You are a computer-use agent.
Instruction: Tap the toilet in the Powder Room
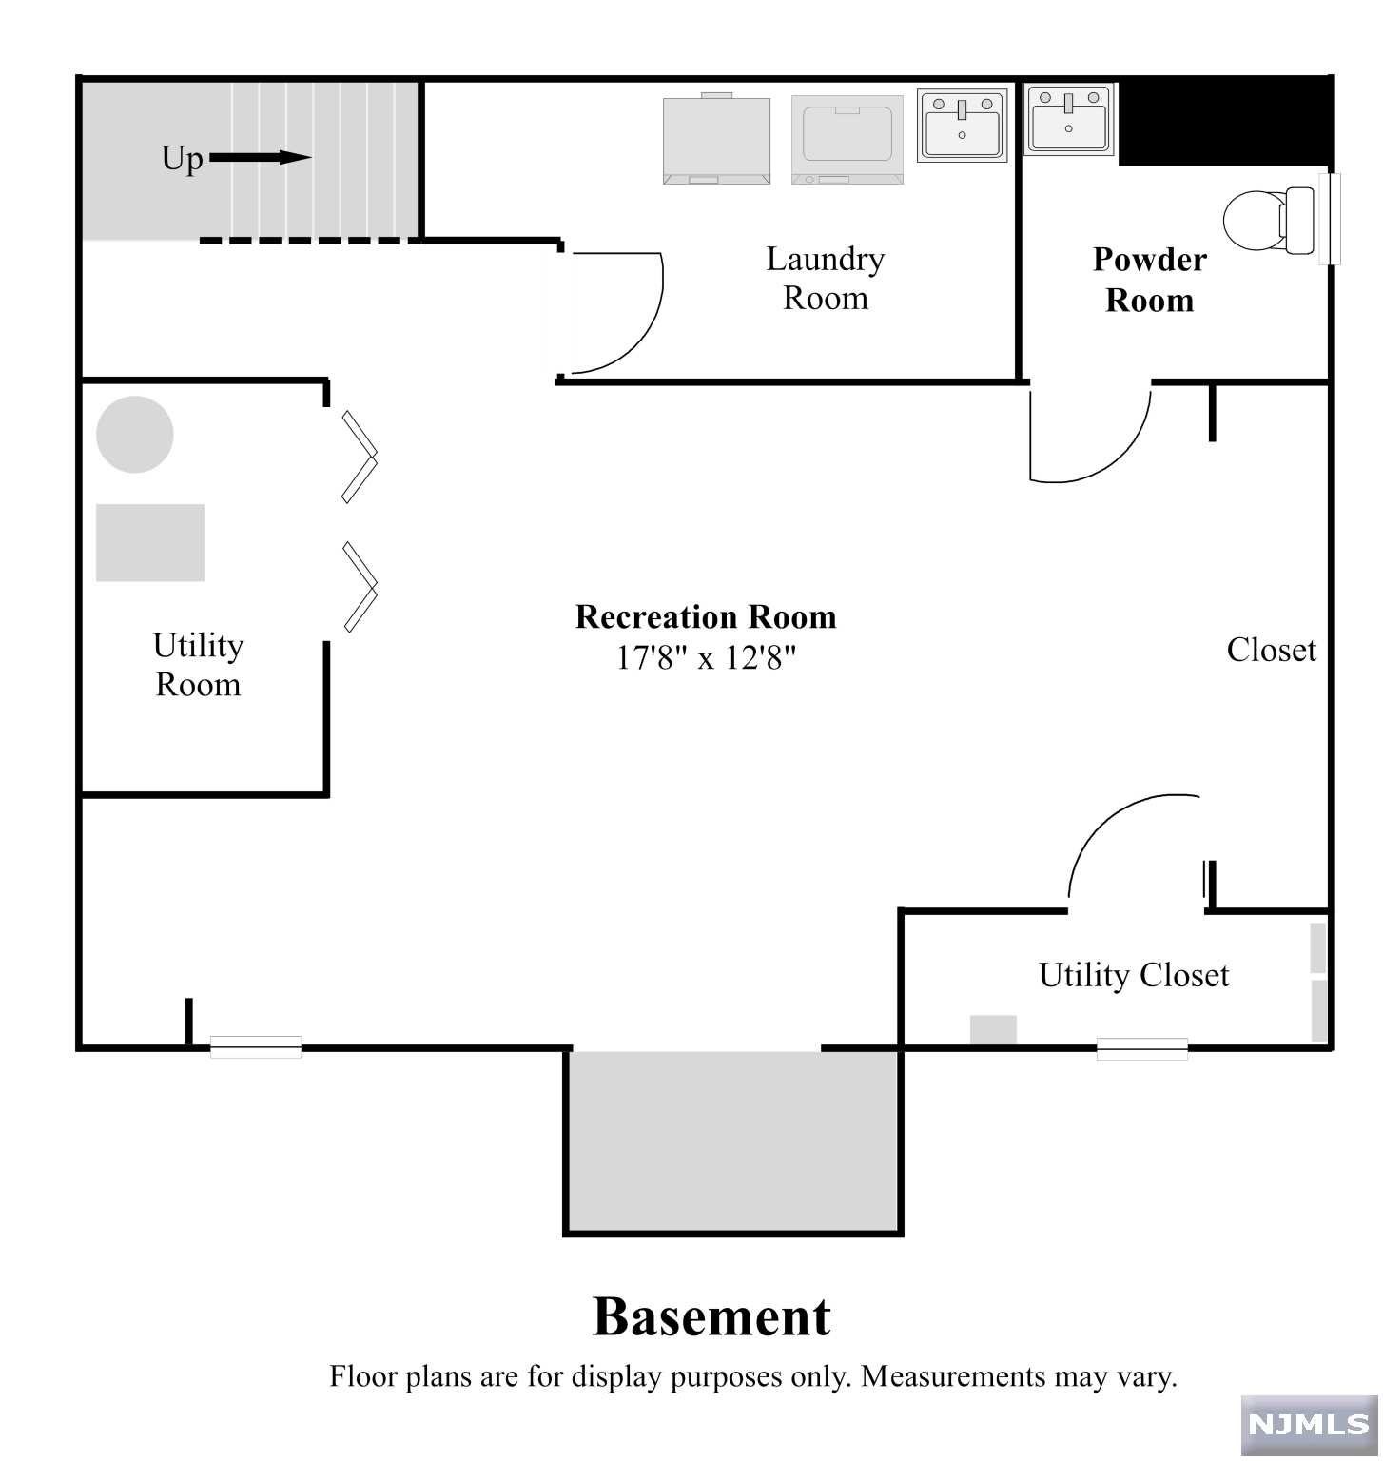click(x=1267, y=221)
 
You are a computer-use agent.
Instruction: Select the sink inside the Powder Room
click(x=1068, y=120)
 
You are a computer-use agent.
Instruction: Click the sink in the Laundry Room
click(x=962, y=126)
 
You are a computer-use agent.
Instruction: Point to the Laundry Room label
click(x=825, y=279)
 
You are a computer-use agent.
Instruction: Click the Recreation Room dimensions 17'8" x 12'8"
click(x=705, y=657)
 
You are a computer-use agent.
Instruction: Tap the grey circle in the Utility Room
click(x=135, y=435)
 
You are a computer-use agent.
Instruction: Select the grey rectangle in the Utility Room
click(x=150, y=542)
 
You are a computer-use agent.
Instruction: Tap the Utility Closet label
click(x=1133, y=976)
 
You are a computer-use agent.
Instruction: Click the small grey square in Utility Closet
click(x=993, y=1030)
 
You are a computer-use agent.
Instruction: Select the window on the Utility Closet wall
click(x=1141, y=1048)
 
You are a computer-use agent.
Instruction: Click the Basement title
click(x=711, y=1317)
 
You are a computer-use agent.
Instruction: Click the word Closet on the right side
click(x=1271, y=651)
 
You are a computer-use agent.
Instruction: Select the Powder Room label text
click(x=1149, y=281)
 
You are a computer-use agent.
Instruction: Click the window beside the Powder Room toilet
click(x=1334, y=219)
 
